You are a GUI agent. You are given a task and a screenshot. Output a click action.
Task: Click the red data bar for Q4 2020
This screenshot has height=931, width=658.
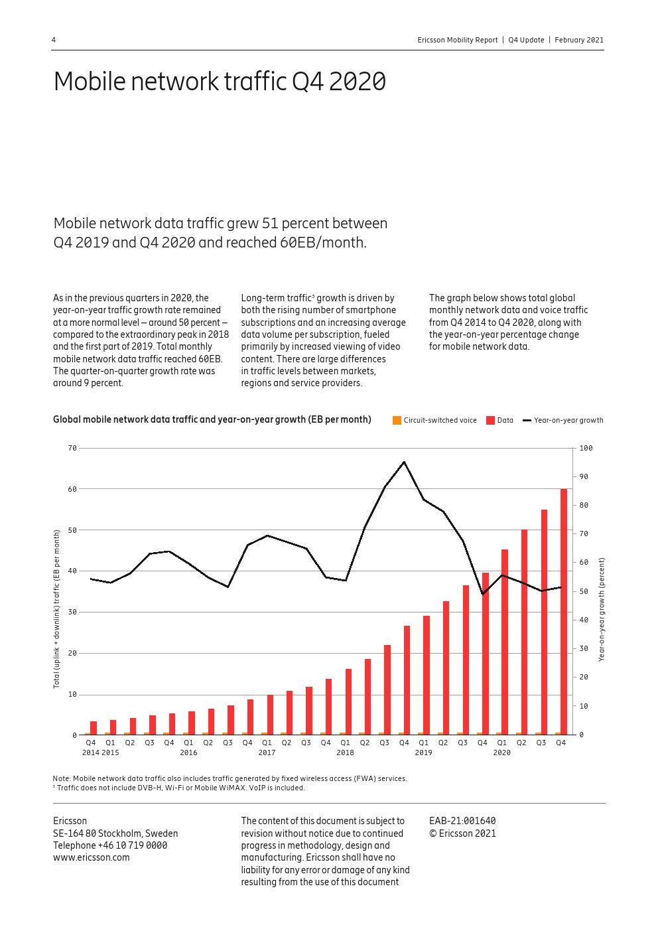tap(564, 610)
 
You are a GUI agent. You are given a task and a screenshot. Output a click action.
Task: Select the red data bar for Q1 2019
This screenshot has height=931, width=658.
tap(427, 674)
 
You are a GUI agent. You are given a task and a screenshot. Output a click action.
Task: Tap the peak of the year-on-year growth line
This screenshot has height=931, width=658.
tap(404, 462)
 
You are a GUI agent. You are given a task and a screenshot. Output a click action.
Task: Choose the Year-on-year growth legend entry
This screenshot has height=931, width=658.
tap(563, 420)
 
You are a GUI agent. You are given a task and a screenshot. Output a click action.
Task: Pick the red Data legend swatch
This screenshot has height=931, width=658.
tap(491, 420)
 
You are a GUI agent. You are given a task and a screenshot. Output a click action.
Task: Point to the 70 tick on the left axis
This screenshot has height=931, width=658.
tap(72, 448)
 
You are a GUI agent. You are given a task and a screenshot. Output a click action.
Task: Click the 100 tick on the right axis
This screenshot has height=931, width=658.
tap(586, 448)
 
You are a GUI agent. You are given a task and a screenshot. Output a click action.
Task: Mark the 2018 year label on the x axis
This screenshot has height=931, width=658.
tap(345, 752)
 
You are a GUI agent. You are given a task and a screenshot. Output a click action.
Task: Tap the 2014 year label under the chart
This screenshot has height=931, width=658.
tap(91, 752)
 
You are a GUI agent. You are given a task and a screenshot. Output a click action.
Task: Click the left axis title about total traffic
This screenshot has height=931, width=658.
tap(57, 609)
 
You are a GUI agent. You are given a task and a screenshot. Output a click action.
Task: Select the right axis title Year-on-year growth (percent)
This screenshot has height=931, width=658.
tap(602, 609)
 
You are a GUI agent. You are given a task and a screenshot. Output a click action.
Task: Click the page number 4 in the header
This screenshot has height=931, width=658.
tap(54, 40)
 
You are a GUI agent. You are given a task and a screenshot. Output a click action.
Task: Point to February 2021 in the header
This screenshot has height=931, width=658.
tap(579, 40)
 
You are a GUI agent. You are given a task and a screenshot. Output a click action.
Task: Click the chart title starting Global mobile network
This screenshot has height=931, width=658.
tap(212, 419)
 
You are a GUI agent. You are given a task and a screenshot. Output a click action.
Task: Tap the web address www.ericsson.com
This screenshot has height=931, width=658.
tap(92, 857)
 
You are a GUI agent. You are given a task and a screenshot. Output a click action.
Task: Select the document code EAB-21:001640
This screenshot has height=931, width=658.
tap(462, 821)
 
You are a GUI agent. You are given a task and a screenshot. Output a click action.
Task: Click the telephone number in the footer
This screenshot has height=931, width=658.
tap(132, 845)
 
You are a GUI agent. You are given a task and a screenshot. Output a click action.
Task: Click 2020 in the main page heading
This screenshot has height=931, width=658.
tap(358, 82)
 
